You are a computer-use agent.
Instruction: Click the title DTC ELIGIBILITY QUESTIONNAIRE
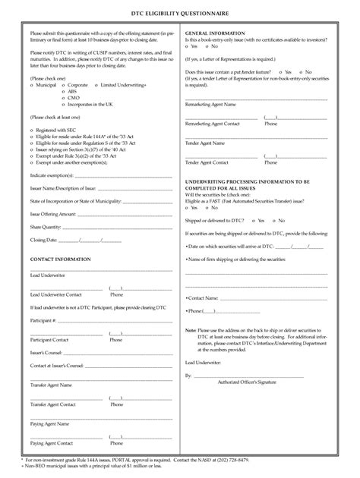[x=180, y=15]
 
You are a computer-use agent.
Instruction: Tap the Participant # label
[x=43, y=322]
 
